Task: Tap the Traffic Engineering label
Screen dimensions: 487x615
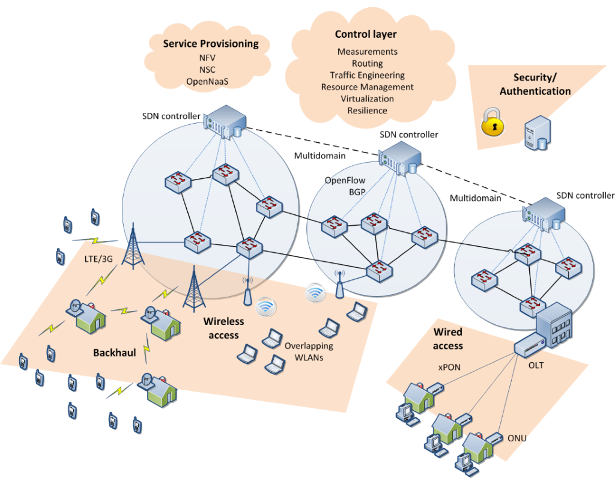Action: point(367,75)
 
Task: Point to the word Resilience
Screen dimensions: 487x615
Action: point(367,110)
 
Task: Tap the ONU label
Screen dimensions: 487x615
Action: point(517,438)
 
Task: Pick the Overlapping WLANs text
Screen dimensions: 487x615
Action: point(309,352)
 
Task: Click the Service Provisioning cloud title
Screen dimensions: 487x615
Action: point(211,44)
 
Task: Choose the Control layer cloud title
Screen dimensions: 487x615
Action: point(366,34)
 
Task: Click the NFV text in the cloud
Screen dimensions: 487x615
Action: point(207,58)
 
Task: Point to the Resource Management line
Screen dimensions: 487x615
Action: point(367,86)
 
